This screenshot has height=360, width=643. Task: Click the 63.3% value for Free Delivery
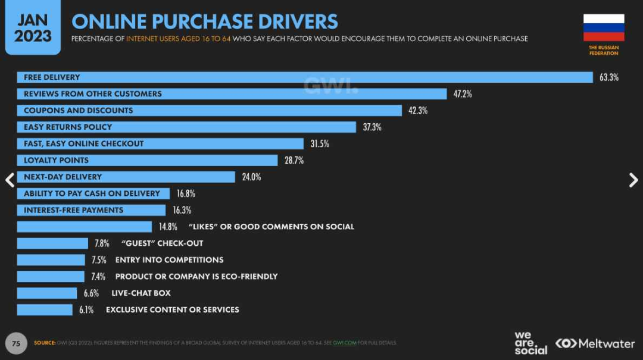coord(608,77)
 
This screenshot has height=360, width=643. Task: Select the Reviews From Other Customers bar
coord(232,94)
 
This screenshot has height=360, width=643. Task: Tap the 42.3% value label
coord(417,111)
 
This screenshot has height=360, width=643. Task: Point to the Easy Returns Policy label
coord(68,127)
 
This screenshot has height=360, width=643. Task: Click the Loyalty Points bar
coord(147,161)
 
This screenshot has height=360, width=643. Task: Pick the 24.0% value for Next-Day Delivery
coord(251,177)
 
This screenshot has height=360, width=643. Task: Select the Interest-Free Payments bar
coord(91,211)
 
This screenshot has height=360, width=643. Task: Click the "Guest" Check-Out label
coord(162,243)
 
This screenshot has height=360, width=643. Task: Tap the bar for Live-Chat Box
coord(47,293)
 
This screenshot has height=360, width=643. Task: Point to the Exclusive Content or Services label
coord(172,310)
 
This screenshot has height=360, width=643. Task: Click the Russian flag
coord(604,27)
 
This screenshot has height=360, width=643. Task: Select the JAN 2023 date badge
coord(33,29)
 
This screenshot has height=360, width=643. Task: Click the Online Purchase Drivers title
coord(205,21)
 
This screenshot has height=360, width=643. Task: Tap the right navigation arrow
coord(633,180)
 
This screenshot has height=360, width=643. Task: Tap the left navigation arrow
coord(10,180)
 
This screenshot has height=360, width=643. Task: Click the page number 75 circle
coord(16,343)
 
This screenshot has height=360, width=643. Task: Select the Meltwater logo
coord(595,343)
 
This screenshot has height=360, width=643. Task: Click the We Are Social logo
coord(530,343)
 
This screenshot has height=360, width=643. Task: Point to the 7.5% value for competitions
coord(99,260)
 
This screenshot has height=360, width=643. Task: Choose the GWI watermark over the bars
coord(330,85)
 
